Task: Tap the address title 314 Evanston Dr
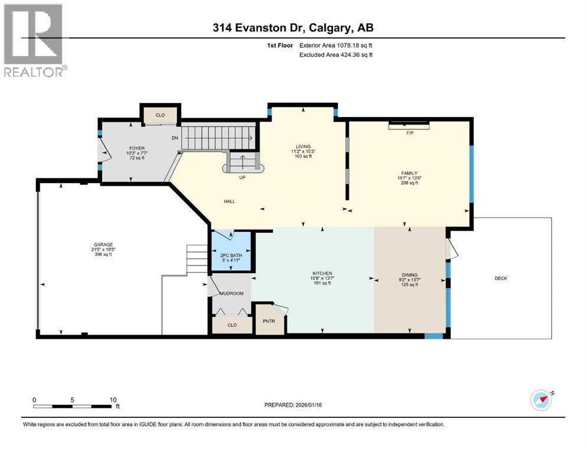tap(293, 27)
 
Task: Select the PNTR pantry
tap(268, 322)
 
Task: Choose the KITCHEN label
tap(322, 274)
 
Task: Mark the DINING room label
tap(409, 275)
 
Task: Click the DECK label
tap(500, 278)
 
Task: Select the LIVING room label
tap(303, 147)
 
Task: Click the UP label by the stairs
tap(241, 177)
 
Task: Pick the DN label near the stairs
tap(175, 138)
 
